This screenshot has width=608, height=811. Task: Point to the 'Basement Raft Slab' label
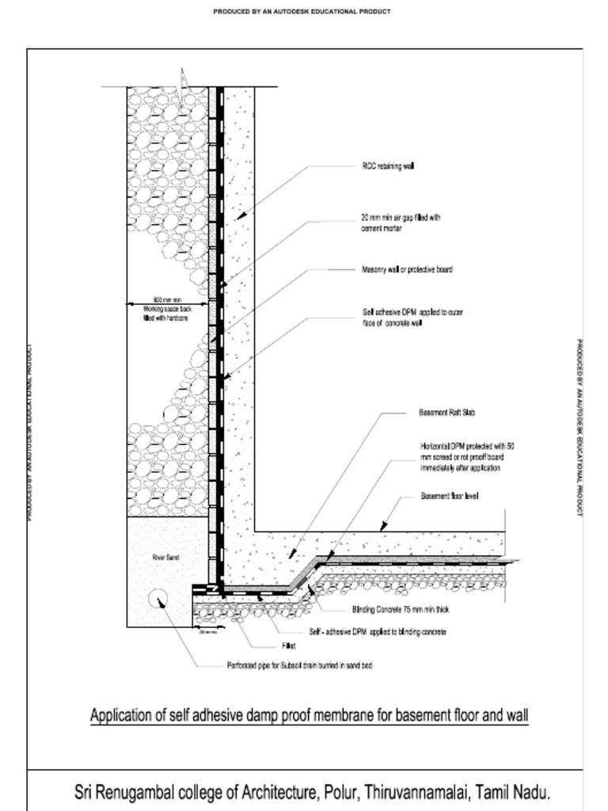coord(446,413)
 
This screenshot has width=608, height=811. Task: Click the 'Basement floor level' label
coord(450,497)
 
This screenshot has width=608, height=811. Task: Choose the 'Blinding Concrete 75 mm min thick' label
coord(401,610)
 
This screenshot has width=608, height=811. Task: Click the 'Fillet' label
coord(288,645)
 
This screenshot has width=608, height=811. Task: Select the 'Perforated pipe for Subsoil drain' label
coord(299,666)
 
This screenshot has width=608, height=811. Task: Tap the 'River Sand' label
coord(165,558)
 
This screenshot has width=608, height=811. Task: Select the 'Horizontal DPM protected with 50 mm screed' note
coord(460,457)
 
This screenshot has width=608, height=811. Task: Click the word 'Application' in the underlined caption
coord(123,716)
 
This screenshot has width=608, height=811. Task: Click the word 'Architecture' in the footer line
coord(264,792)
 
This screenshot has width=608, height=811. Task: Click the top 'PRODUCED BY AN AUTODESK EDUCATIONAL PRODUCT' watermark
coord(302,12)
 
